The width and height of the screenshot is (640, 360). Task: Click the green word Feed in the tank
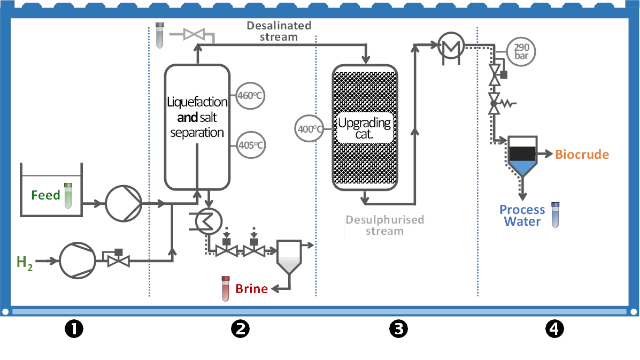(45, 195)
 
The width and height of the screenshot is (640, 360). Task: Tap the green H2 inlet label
(25, 262)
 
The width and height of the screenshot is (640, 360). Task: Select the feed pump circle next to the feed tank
(122, 203)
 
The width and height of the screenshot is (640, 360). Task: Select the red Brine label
(252, 289)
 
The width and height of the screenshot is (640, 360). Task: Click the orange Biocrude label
(582, 155)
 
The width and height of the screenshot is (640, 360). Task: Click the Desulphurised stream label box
(385, 226)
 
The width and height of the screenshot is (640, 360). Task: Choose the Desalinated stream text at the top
(279, 31)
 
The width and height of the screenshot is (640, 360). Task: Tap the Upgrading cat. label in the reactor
(365, 128)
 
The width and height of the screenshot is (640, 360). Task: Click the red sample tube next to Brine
(226, 289)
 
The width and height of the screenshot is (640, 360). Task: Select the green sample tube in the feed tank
(67, 195)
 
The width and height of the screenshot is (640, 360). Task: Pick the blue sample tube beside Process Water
(556, 215)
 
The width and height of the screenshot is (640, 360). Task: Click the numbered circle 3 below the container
(398, 329)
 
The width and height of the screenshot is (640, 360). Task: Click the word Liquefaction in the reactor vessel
(197, 102)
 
